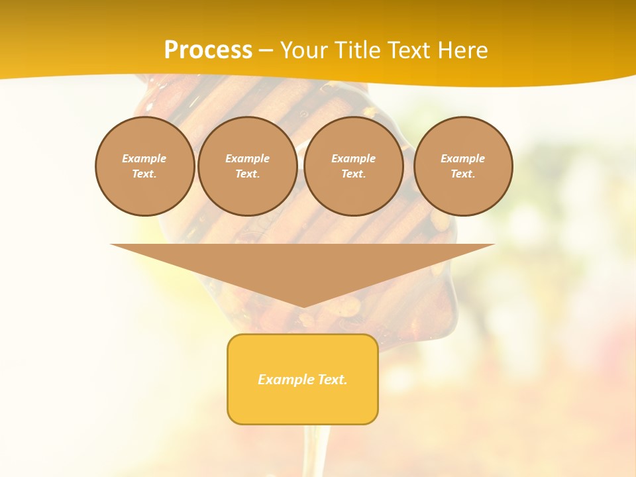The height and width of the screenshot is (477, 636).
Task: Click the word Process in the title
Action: [208, 50]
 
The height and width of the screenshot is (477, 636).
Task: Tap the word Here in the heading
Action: [462, 50]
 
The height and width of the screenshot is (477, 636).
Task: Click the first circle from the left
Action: [144, 166]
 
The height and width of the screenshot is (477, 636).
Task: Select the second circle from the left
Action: [247, 166]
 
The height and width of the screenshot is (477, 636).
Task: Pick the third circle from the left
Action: [353, 166]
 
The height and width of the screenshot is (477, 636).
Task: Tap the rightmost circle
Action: [463, 166]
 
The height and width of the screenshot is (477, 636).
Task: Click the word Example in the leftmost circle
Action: [144, 159]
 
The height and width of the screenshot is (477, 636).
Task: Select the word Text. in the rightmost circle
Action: [463, 174]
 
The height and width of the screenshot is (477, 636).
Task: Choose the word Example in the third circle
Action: [353, 159]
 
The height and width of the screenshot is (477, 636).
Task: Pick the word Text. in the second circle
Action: [247, 174]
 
